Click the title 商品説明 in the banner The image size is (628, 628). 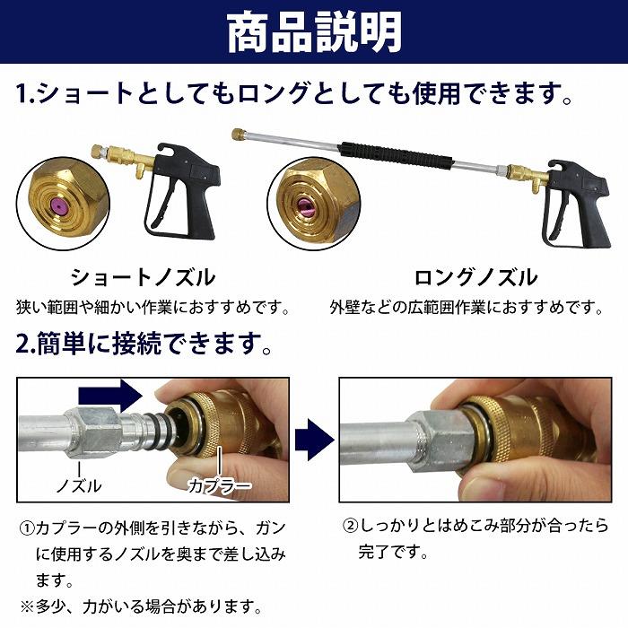[x=314, y=33]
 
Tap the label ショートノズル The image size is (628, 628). [x=143, y=276]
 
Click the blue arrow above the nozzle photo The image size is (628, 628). [x=109, y=393]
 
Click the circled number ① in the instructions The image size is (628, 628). [x=27, y=530]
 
